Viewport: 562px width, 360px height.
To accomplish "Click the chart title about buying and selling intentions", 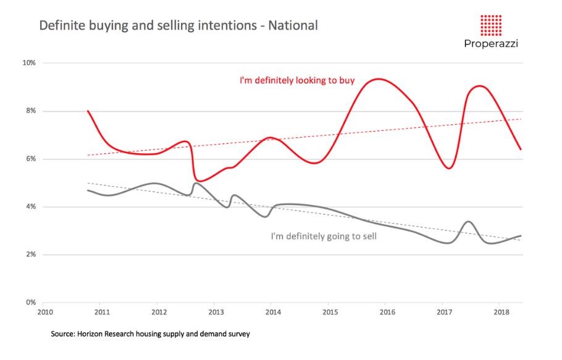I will click(178, 26).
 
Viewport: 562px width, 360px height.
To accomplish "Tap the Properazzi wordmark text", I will click(491, 44).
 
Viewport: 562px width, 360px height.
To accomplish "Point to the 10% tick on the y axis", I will click(29, 63).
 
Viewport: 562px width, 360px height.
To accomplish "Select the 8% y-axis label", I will click(31, 111).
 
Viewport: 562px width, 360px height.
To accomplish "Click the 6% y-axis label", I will click(31, 159).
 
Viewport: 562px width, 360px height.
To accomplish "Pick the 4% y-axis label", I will click(31, 207).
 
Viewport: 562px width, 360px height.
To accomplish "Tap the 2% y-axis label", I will click(31, 254).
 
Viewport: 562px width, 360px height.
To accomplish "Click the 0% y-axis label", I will click(31, 303).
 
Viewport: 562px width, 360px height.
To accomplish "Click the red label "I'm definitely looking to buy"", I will click(297, 80).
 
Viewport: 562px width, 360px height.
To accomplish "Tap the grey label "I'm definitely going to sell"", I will click(324, 236).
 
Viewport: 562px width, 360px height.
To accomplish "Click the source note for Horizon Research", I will click(150, 334).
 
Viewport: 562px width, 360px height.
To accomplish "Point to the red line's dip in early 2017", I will click(449, 168).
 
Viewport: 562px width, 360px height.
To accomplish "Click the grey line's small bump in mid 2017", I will click(468, 221).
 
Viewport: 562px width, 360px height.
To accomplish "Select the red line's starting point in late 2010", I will click(88, 111).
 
